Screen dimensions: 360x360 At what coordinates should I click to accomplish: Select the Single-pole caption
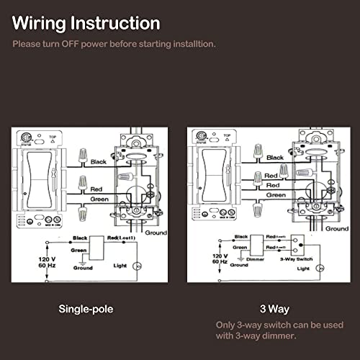pyautogui.click(x=87, y=309)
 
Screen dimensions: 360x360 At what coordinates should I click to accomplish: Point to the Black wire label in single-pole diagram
pyautogui.click(x=99, y=162)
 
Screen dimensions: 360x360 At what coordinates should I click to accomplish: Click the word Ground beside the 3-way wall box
pyautogui.click(x=336, y=228)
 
